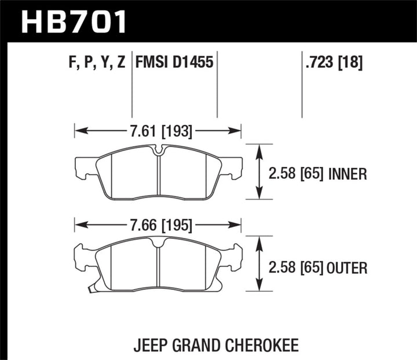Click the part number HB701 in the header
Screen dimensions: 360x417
(74, 21)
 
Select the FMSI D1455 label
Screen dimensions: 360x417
(174, 62)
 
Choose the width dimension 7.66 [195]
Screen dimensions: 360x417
(158, 224)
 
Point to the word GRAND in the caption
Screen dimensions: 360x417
(200, 330)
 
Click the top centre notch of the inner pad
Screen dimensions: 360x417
(158, 152)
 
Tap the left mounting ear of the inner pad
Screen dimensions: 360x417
(83, 168)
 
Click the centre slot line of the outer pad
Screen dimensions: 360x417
(158, 266)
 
